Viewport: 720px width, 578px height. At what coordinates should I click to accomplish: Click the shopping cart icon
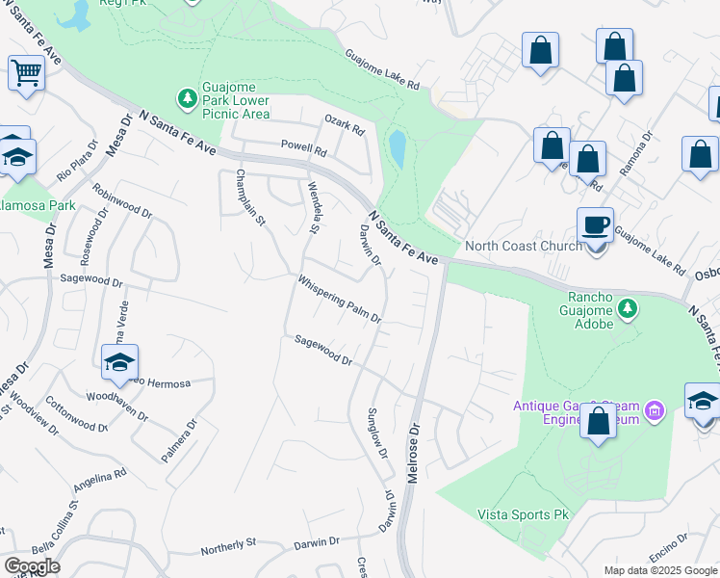tap(26, 72)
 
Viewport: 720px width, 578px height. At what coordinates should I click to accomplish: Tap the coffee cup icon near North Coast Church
tap(596, 225)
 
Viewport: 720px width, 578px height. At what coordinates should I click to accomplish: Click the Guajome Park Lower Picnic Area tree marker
tap(186, 97)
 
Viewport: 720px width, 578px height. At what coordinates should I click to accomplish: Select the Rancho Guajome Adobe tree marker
tap(628, 308)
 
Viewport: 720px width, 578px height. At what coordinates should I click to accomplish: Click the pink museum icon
tap(656, 412)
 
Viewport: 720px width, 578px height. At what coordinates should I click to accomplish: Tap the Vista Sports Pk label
tap(524, 514)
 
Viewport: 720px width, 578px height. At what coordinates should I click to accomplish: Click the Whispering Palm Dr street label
tap(340, 301)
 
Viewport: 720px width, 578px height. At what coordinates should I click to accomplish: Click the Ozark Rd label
tap(345, 125)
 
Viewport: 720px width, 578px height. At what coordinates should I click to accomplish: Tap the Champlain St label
tap(249, 198)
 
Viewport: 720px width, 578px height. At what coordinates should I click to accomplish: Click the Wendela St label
tap(312, 206)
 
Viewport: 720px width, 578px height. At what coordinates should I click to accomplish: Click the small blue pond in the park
tap(398, 148)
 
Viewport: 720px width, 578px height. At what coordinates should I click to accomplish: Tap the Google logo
tap(32, 565)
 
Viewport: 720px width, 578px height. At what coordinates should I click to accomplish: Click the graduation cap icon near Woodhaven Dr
tap(119, 362)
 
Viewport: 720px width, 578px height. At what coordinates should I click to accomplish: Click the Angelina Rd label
tap(99, 481)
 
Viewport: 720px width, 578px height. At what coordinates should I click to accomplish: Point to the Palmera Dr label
tap(181, 439)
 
